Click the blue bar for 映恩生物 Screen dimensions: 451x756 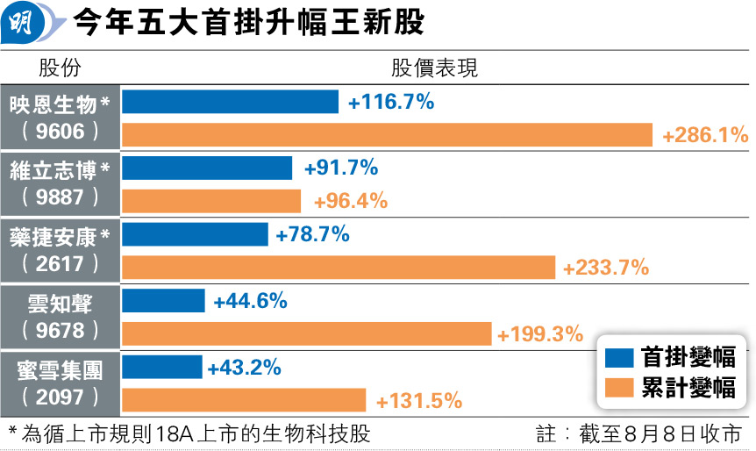pyautogui.click(x=230, y=102)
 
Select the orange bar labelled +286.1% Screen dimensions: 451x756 pyautogui.click(x=387, y=135)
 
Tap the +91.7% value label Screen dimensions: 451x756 pyautogui.click(x=340, y=168)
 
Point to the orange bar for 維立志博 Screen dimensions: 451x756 pyautogui.click(x=210, y=201)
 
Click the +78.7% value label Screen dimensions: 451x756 pyautogui.click(x=312, y=234)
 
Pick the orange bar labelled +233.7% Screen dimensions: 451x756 pyautogui.click(x=338, y=268)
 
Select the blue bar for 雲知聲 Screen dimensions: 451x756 pyautogui.click(x=163, y=301)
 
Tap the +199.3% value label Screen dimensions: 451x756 pyautogui.click(x=540, y=334)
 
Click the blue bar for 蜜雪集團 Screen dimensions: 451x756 pyautogui.click(x=161, y=368)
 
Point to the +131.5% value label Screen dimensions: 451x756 pyautogui.click(x=418, y=401)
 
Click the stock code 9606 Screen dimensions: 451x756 pyautogui.click(x=61, y=132)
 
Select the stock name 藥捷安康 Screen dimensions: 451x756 pyautogui.click(x=54, y=235)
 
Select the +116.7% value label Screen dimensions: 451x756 pyautogui.click(x=391, y=102)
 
